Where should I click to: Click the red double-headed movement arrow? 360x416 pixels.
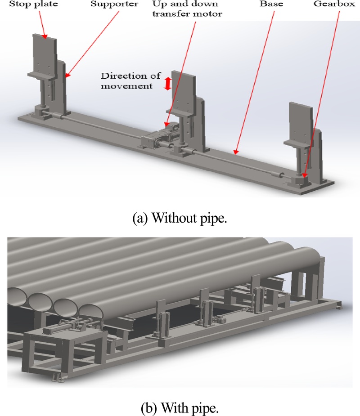click(168, 83)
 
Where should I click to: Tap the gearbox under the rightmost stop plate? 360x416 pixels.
click(301, 181)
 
